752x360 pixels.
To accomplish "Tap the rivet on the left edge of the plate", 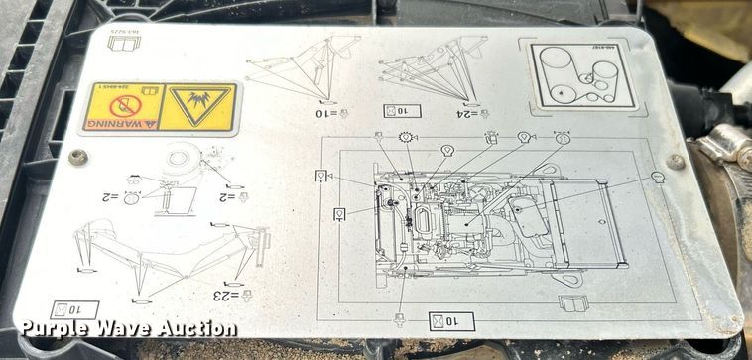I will click(x=77, y=157).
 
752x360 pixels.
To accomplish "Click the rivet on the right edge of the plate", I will click(x=676, y=161).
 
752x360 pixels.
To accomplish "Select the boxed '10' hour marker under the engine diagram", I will click(x=451, y=320).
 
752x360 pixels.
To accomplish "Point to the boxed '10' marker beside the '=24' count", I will click(x=415, y=112).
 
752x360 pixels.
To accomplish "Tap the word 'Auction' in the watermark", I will click(x=196, y=329).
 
